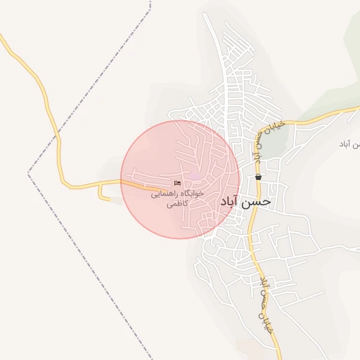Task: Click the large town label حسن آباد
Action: pos(245,201)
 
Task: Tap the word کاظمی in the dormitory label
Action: pos(176,205)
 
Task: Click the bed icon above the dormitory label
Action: pos(176,184)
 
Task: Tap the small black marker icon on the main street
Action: pos(259,177)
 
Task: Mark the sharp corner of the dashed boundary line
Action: pos(29,172)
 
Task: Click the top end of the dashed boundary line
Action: pos(150,2)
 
